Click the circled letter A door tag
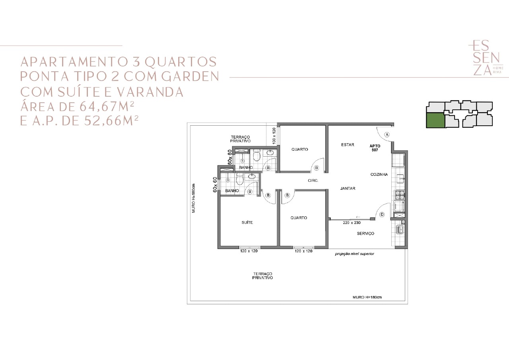(387, 135)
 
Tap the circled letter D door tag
(382, 214)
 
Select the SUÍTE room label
(247, 222)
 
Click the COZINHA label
(379, 175)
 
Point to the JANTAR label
(348, 189)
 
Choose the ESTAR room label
(348, 144)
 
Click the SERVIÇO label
(365, 234)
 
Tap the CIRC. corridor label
(313, 181)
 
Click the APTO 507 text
(375, 148)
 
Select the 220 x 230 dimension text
(352, 223)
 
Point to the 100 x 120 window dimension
(274, 136)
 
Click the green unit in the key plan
(435, 120)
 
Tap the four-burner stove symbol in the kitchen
(400, 195)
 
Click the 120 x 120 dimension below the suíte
(249, 251)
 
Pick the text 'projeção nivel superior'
(354, 254)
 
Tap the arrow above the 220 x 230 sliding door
(358, 217)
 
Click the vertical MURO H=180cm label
(193, 198)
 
